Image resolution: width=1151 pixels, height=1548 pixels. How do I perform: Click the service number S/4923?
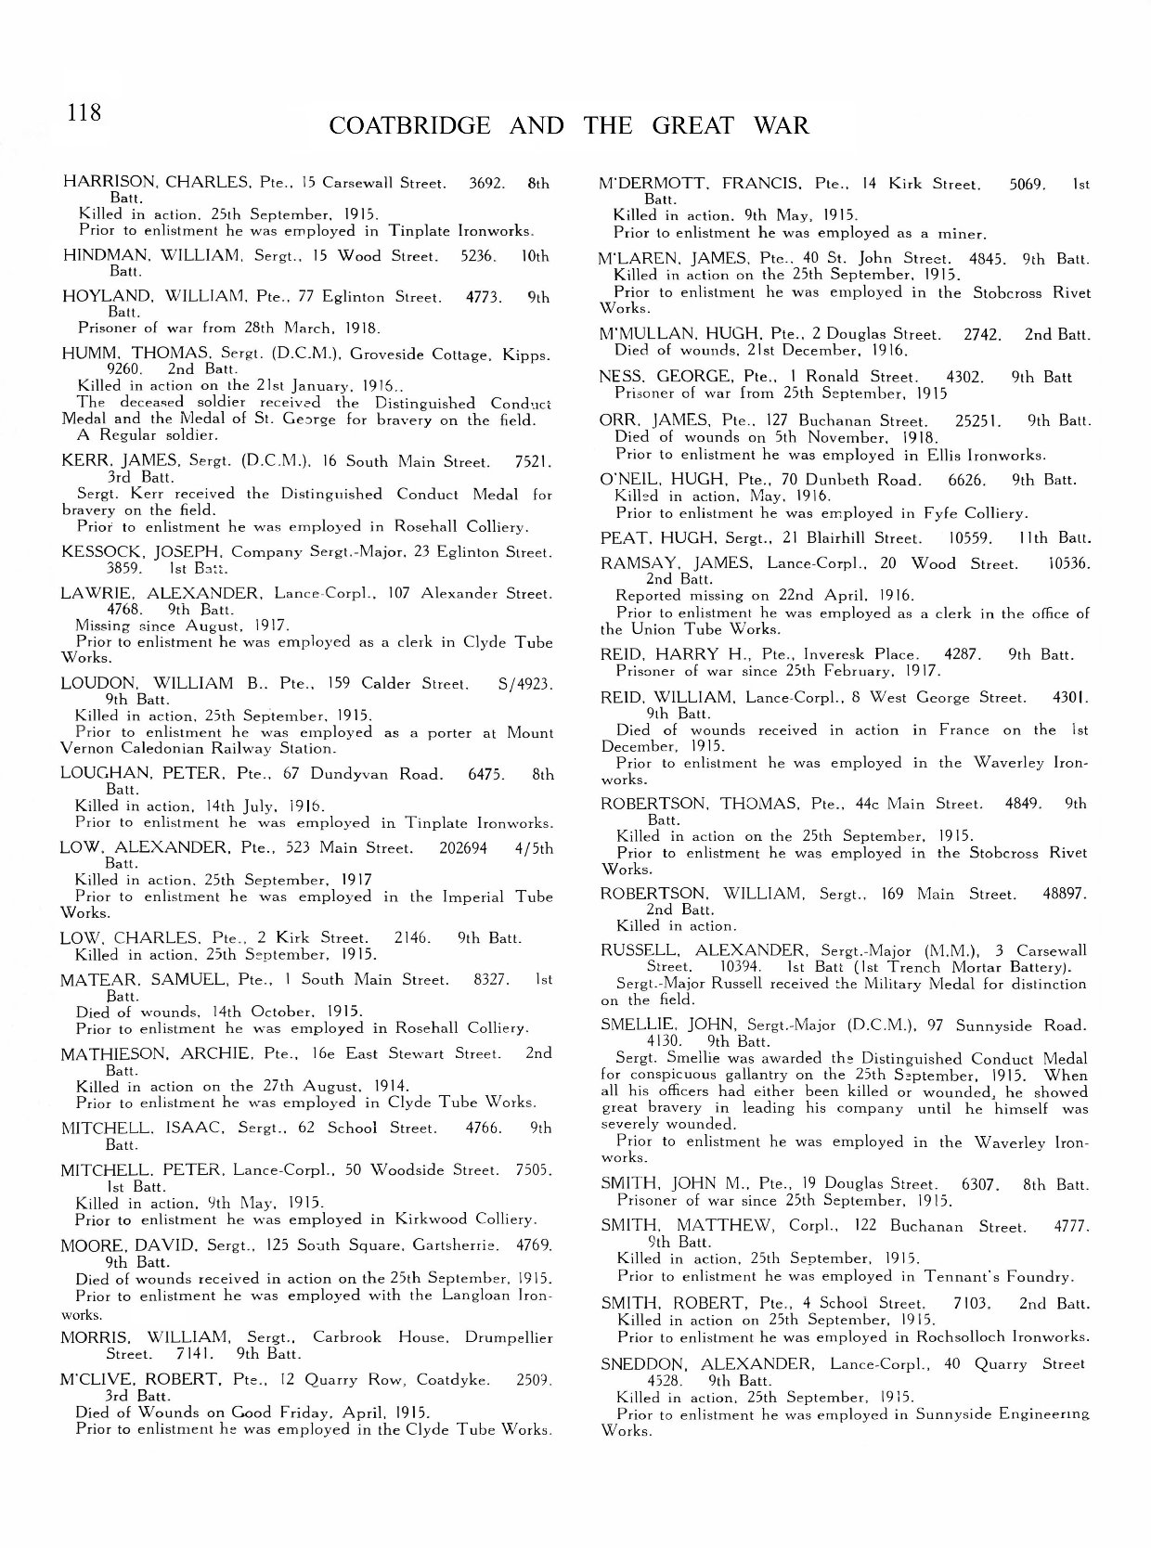525,684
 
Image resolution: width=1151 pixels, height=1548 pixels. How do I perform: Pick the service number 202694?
461,847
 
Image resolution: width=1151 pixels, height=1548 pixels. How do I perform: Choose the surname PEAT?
621,537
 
